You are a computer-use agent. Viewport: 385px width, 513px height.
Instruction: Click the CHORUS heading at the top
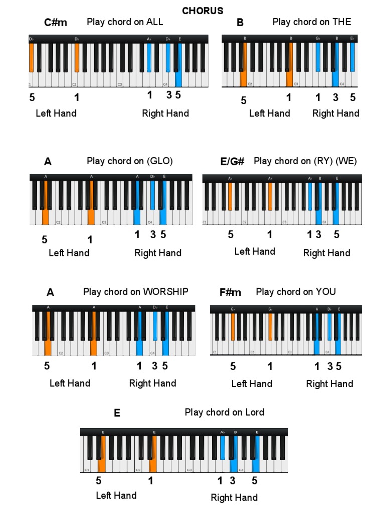[203, 11]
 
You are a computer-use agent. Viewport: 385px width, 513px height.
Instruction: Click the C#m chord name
[55, 22]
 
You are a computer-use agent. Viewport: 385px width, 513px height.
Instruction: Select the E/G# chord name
[232, 161]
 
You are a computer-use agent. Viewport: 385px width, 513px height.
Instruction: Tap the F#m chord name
[230, 292]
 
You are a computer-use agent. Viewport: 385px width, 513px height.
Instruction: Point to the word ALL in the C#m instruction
[155, 22]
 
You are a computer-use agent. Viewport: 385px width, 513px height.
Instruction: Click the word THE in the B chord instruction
[342, 22]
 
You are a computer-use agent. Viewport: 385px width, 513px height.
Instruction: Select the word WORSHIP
[166, 292]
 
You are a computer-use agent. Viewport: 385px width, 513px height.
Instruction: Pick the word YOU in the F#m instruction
[327, 292]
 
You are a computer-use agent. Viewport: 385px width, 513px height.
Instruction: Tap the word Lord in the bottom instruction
[255, 412]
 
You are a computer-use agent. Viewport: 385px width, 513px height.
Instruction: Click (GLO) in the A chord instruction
[160, 161]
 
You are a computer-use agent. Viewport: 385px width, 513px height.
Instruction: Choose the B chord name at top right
[240, 22]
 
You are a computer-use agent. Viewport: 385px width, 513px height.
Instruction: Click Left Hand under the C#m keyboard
[56, 113]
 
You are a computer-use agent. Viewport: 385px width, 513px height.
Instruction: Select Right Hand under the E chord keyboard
[234, 497]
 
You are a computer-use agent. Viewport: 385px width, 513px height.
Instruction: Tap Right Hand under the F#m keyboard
[330, 384]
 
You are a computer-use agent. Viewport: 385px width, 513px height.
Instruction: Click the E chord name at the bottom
[117, 413]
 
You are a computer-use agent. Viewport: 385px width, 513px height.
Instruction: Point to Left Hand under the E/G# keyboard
[255, 251]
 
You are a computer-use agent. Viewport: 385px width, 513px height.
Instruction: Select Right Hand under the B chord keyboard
[336, 113]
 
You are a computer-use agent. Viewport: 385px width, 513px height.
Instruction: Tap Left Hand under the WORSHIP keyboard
[70, 383]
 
